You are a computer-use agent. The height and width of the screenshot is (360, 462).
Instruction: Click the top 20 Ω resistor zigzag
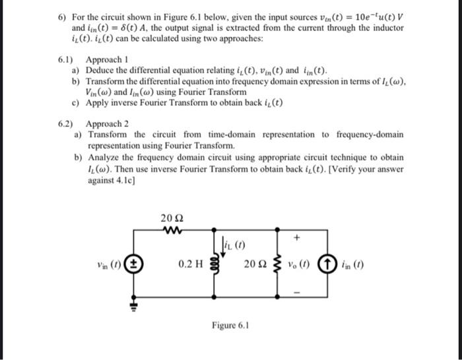(x=171, y=231)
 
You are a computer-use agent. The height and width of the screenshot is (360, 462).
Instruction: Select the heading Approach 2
(x=107, y=124)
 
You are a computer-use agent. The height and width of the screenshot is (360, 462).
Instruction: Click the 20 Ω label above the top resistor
(x=170, y=219)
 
